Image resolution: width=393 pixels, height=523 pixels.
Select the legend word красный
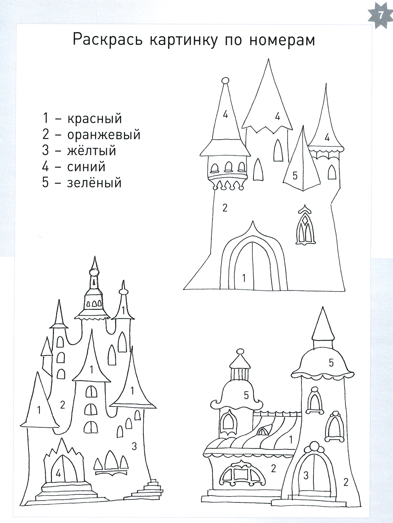(94, 119)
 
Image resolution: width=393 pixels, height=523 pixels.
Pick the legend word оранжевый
(104, 135)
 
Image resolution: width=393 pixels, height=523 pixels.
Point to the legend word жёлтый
(92, 150)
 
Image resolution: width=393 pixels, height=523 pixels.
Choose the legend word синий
(86, 167)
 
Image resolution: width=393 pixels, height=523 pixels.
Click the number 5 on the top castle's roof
(295, 176)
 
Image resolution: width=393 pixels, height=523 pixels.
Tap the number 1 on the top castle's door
(244, 278)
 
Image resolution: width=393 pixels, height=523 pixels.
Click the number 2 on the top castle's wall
(225, 208)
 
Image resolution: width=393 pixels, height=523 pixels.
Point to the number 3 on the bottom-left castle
(134, 446)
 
